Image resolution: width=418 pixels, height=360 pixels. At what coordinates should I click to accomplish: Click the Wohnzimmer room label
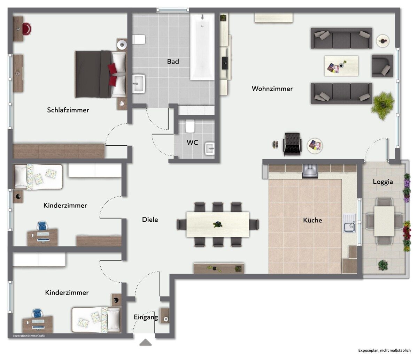272,89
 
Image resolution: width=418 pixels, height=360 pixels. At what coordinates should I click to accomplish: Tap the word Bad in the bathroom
173,61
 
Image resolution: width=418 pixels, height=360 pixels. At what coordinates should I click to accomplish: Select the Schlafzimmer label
68,110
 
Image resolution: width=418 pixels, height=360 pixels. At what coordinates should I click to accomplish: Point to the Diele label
150,220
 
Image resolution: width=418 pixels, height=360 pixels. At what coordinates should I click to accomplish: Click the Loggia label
383,182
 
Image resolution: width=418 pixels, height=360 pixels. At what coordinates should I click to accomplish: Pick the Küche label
312,220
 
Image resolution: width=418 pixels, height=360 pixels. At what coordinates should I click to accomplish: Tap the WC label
192,143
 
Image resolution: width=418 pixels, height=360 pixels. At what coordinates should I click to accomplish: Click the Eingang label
146,317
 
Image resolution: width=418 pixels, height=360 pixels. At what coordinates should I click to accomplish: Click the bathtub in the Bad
202,47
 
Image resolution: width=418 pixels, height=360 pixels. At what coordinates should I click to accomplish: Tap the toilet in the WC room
190,126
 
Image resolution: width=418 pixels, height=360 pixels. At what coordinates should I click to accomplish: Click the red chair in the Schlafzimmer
27,29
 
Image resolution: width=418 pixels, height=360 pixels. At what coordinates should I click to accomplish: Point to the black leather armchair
292,144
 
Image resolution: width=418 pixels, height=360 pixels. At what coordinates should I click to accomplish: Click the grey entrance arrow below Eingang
145,343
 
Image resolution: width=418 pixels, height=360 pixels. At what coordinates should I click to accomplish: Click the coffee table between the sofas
341,66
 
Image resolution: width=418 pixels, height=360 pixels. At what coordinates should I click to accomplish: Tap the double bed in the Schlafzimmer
101,74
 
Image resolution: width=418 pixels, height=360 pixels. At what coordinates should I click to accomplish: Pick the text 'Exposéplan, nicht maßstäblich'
385,350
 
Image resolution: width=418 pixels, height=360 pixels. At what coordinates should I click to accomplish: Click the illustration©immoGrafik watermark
29,336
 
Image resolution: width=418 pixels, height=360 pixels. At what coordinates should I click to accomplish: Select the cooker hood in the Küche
310,171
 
